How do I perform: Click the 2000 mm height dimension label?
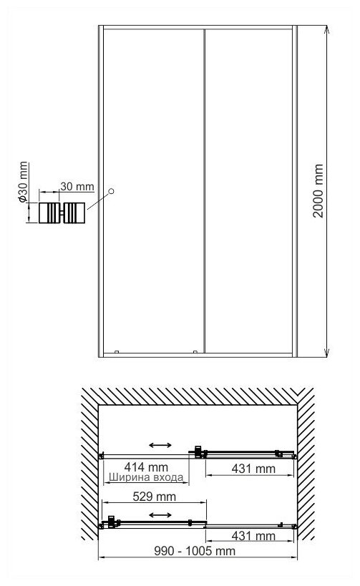click(x=318, y=190)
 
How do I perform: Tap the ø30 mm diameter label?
click(x=23, y=182)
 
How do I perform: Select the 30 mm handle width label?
click(x=77, y=186)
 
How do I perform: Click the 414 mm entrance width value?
click(x=146, y=467)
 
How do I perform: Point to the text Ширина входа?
click(x=146, y=477)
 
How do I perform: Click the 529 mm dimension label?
click(x=155, y=497)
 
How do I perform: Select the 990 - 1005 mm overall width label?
click(x=195, y=550)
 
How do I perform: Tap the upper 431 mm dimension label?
click(x=253, y=468)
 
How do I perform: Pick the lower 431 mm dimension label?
click(x=253, y=535)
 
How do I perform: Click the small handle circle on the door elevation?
click(x=111, y=191)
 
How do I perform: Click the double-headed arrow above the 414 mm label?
click(x=160, y=445)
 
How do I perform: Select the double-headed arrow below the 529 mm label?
click(x=160, y=515)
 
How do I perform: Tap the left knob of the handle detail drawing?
click(x=49, y=213)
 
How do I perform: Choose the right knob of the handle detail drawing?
click(x=75, y=213)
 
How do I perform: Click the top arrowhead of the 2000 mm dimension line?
click(x=327, y=29)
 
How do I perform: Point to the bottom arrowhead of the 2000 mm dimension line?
click(x=327, y=353)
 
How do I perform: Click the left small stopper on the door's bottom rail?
click(x=117, y=352)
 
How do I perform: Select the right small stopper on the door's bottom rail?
click(x=195, y=352)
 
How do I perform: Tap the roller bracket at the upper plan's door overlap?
click(x=198, y=451)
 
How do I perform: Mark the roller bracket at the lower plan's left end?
click(x=112, y=522)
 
